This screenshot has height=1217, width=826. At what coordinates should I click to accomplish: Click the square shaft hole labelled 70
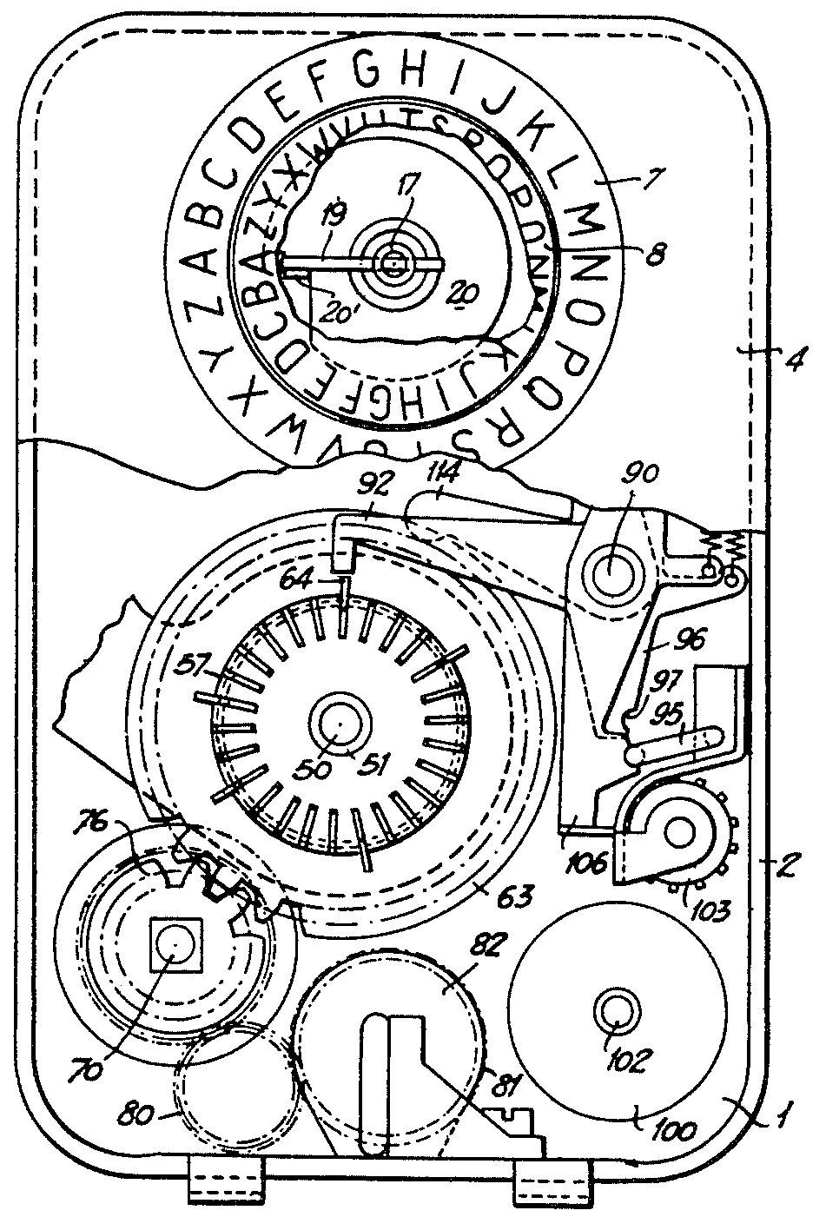(174, 944)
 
